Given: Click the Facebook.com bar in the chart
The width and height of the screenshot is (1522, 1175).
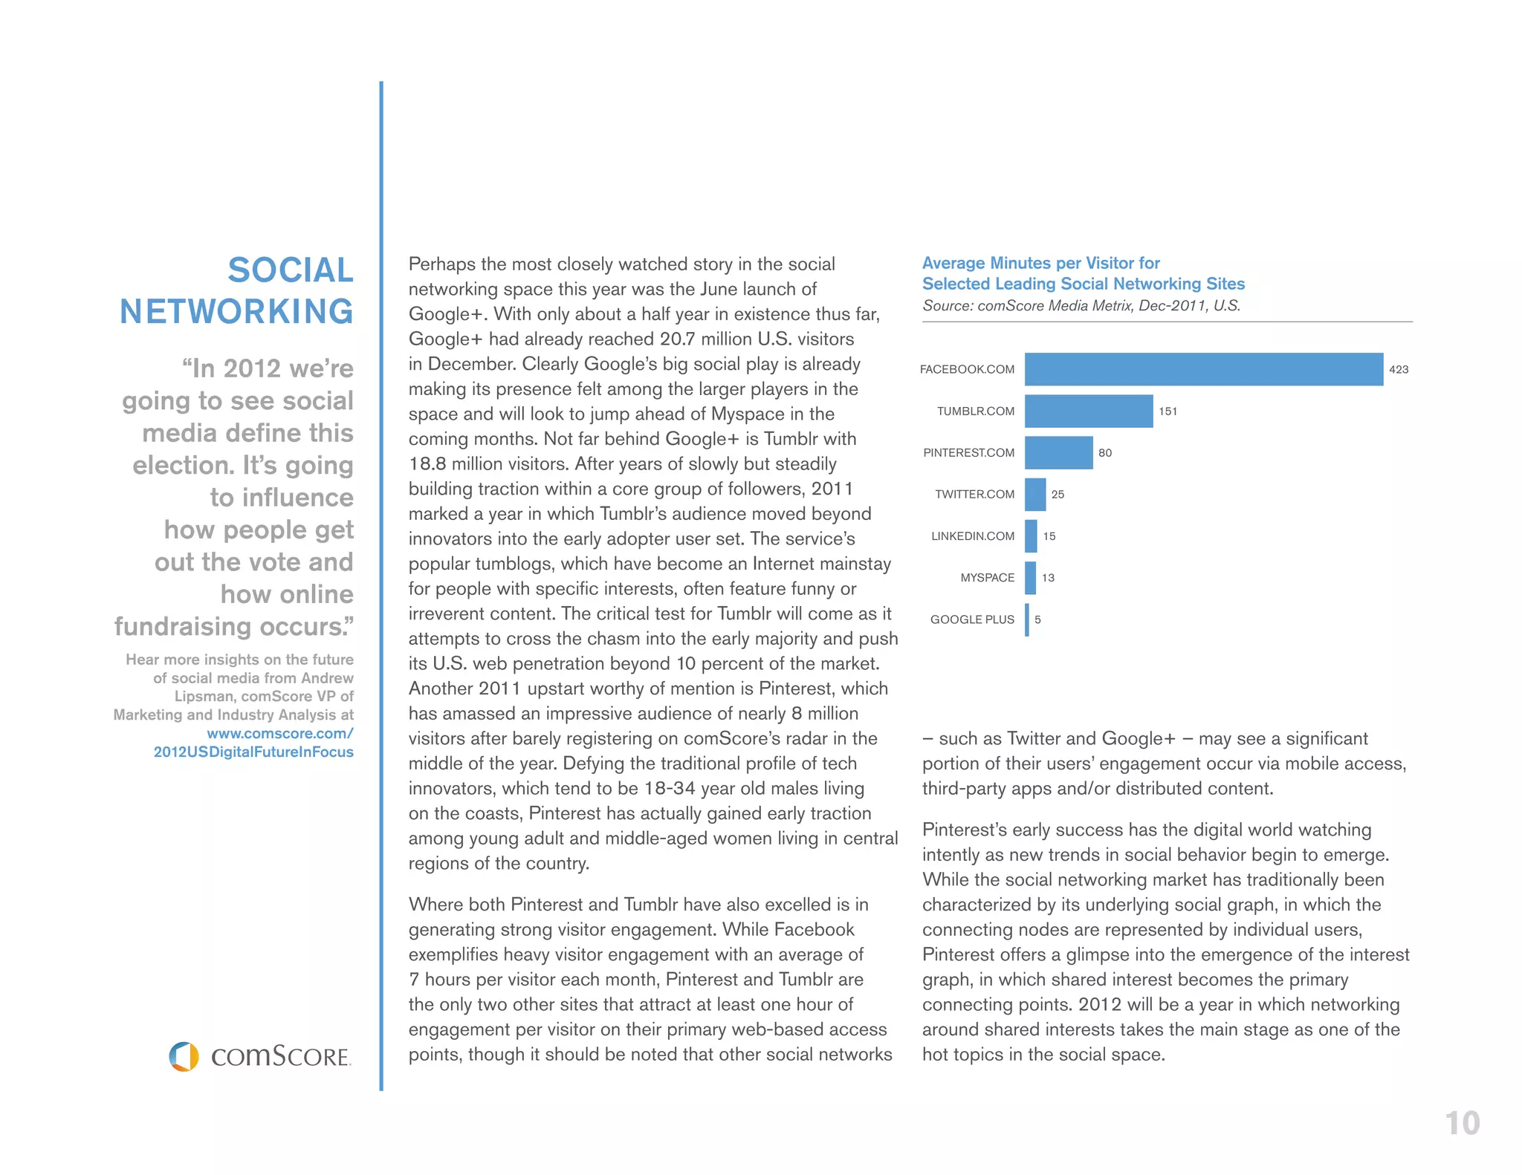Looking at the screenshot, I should point(1203,369).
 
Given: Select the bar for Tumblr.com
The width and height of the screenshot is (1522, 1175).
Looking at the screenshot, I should point(1088,411).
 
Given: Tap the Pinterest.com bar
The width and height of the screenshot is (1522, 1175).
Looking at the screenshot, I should point(1058,452).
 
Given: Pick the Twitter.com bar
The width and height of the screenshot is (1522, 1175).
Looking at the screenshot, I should point(1034,494).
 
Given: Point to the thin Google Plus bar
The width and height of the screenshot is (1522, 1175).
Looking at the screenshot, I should point(1027,619).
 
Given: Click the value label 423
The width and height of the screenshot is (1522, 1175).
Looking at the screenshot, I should point(1398,369).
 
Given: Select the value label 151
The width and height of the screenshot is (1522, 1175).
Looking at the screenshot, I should point(1168,411).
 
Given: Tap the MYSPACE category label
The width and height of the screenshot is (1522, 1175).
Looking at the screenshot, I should point(987,578).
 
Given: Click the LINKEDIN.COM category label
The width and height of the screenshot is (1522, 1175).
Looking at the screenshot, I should point(972,536).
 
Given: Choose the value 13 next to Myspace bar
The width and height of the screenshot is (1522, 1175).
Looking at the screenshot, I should point(1048,578).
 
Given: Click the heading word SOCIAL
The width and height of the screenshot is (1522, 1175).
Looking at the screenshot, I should point(290,270).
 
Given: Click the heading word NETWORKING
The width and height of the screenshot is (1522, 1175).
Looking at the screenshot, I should point(236,311).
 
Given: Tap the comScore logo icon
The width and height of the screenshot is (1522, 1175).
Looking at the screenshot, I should point(184,1055).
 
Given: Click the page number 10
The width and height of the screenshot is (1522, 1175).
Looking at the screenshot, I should point(1462,1123).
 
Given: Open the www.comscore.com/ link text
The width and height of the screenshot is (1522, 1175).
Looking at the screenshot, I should point(279,733).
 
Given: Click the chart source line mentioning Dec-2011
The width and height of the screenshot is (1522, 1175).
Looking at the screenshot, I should point(1081,305).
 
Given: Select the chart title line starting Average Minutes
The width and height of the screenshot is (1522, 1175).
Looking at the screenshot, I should point(1040,263).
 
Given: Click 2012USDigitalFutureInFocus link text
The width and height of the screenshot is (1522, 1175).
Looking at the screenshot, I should point(253,752).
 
